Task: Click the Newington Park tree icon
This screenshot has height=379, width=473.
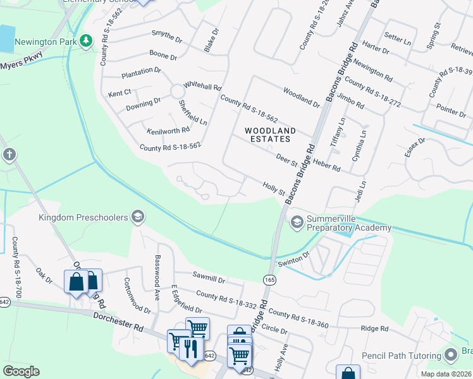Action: [87, 42]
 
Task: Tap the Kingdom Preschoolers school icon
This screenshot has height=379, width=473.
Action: [137, 218]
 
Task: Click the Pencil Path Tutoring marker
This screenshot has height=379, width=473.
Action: [451, 354]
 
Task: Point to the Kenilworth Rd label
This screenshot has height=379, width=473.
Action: [168, 131]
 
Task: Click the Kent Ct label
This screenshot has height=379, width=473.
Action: [119, 93]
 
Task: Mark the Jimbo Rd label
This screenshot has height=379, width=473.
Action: [351, 100]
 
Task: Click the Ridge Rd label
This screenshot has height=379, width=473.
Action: [374, 328]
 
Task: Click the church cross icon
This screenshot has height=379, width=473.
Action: [9, 155]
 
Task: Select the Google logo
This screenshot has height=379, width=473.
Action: [21, 371]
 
